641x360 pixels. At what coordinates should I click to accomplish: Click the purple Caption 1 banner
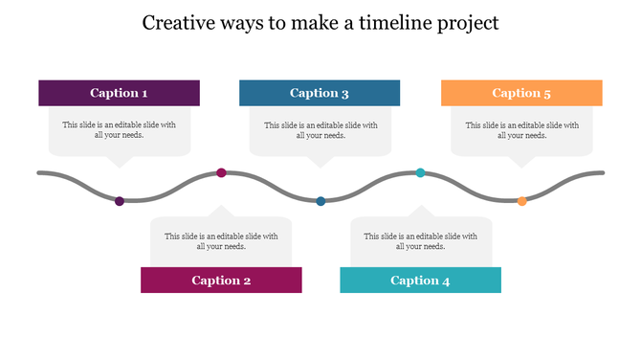click(x=119, y=93)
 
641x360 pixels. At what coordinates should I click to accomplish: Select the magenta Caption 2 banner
click(x=221, y=280)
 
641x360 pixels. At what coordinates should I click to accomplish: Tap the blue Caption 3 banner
click(x=320, y=93)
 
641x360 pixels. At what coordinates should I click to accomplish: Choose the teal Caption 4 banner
click(x=420, y=280)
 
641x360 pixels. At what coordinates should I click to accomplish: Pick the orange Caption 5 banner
click(x=521, y=93)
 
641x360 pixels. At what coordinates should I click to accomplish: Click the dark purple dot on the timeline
click(x=120, y=201)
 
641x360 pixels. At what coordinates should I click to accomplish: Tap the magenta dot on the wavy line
click(x=221, y=172)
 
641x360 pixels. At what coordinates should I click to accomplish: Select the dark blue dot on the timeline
click(x=320, y=201)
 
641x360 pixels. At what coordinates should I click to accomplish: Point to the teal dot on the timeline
click(x=420, y=172)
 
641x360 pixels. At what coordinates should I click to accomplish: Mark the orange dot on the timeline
click(x=521, y=201)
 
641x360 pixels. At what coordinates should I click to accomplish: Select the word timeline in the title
click(x=392, y=22)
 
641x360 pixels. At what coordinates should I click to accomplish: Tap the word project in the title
click(x=466, y=24)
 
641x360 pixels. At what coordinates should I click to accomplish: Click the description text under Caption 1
click(x=120, y=130)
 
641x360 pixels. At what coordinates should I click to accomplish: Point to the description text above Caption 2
click(x=221, y=241)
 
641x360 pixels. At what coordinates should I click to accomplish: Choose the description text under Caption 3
click(x=320, y=130)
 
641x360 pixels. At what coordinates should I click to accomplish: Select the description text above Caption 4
click(x=421, y=241)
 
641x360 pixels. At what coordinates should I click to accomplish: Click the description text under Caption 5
click(x=521, y=130)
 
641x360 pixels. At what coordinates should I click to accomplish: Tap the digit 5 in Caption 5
click(x=547, y=93)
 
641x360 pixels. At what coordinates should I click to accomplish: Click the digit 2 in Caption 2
click(x=247, y=281)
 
